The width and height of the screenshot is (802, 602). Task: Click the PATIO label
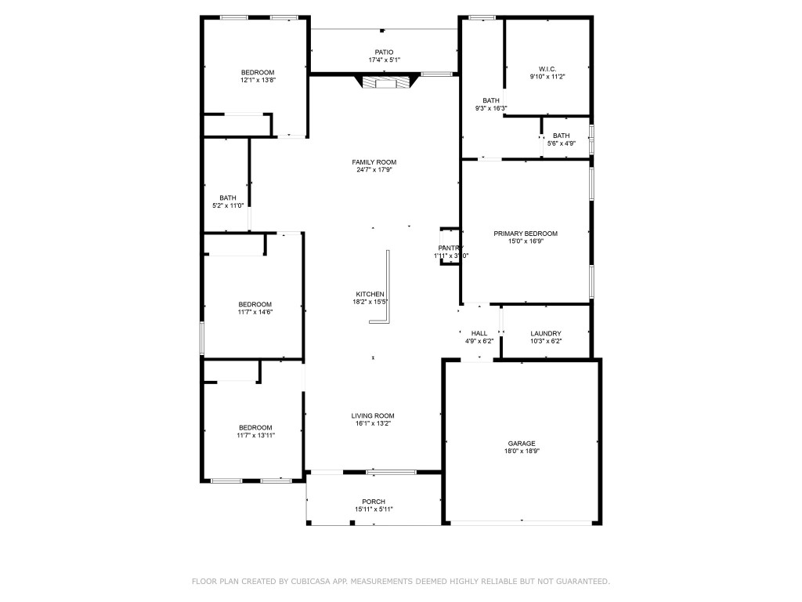point(384,53)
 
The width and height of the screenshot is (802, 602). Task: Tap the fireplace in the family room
point(384,82)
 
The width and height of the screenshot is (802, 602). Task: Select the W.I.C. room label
point(547,69)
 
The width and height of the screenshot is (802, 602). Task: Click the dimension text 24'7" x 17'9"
point(374,169)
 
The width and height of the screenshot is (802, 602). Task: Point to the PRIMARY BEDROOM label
point(525,234)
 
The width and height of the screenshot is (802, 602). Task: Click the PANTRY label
point(451,248)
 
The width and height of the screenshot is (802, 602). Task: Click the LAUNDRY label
point(546,333)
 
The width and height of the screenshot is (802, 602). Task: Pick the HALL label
point(479,333)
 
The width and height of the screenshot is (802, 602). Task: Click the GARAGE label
point(522,443)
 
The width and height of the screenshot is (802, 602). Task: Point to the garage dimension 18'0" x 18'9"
point(522,451)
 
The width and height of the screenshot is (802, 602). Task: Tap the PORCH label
point(374,502)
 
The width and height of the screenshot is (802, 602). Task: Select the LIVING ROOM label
point(373,415)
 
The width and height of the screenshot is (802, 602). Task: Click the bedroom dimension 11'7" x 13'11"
point(255,435)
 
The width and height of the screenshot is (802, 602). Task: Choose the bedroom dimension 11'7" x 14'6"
point(255,312)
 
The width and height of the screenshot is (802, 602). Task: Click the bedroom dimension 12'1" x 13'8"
point(258,80)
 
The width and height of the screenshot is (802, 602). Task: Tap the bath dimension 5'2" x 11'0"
point(228,205)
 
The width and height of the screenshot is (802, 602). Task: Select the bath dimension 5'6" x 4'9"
point(561,143)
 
